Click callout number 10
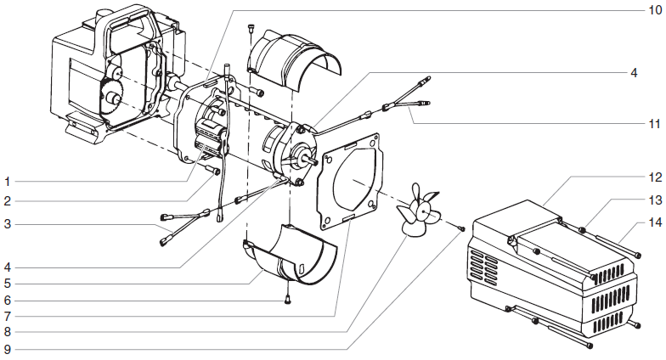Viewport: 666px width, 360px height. [652, 10]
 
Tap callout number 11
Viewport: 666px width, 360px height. [652, 123]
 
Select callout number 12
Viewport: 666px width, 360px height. [652, 177]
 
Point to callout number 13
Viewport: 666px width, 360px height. [652, 200]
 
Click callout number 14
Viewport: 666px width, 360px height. [652, 222]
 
